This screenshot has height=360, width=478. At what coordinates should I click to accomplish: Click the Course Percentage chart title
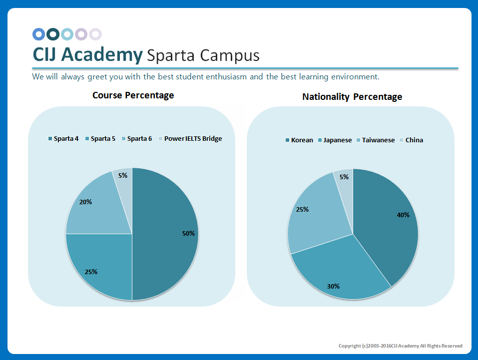tap(133, 95)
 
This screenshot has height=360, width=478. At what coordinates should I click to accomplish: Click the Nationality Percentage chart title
tap(352, 96)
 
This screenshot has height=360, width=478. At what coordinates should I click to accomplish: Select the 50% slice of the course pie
tap(165, 235)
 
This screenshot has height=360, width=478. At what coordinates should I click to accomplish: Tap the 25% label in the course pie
tap(91, 272)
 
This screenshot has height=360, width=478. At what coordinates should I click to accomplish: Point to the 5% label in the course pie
tap(123, 175)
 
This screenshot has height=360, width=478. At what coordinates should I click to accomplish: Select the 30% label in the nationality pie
tap(333, 286)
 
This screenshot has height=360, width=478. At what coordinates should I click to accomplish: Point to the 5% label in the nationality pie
tap(344, 177)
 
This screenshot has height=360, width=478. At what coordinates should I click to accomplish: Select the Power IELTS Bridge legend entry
tap(190, 138)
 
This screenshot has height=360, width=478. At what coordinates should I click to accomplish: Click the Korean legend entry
tap(299, 140)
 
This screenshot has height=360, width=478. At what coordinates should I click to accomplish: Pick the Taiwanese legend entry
tap(375, 140)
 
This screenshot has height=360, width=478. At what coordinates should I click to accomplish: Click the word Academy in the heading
tap(101, 54)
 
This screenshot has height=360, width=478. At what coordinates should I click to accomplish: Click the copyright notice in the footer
tap(400, 346)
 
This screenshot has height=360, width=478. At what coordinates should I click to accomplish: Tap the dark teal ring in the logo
tap(53, 34)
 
